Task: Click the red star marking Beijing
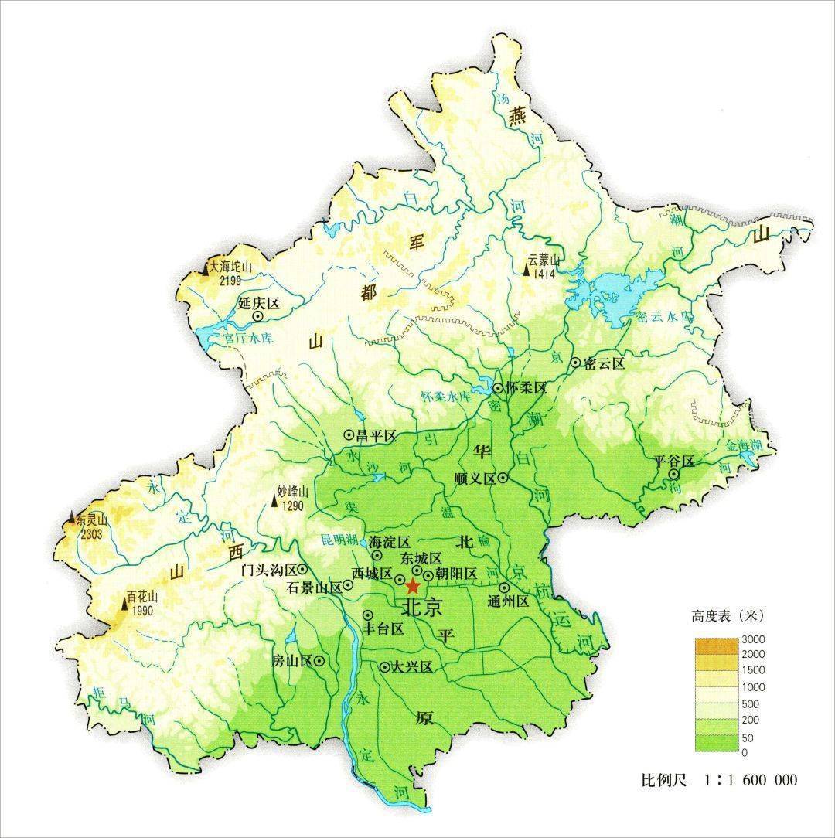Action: pyautogui.click(x=412, y=585)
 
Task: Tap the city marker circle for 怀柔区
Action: pyautogui.click(x=499, y=388)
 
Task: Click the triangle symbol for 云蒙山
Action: pyautogui.click(x=527, y=270)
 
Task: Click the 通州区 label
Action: pyautogui.click(x=508, y=601)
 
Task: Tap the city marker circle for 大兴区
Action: pyautogui.click(x=385, y=666)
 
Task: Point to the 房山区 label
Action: pyautogui.click(x=291, y=661)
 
